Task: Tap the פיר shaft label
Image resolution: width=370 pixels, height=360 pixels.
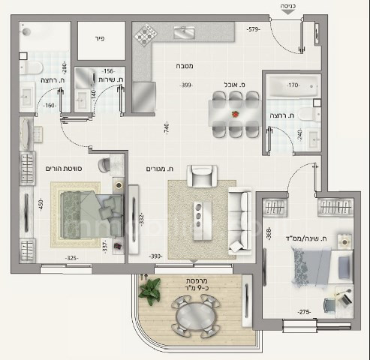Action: pyautogui.click(x=98, y=35)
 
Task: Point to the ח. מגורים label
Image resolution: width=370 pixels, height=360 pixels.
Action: pyautogui.click(x=161, y=170)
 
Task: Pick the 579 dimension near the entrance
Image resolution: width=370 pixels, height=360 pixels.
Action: pyautogui.click(x=253, y=30)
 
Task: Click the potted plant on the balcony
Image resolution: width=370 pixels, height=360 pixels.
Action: pyautogui.click(x=149, y=289)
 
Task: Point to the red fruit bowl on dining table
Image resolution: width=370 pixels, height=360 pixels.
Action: pyautogui.click(x=236, y=114)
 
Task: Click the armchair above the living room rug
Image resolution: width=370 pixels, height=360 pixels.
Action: pyautogui.click(x=200, y=178)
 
